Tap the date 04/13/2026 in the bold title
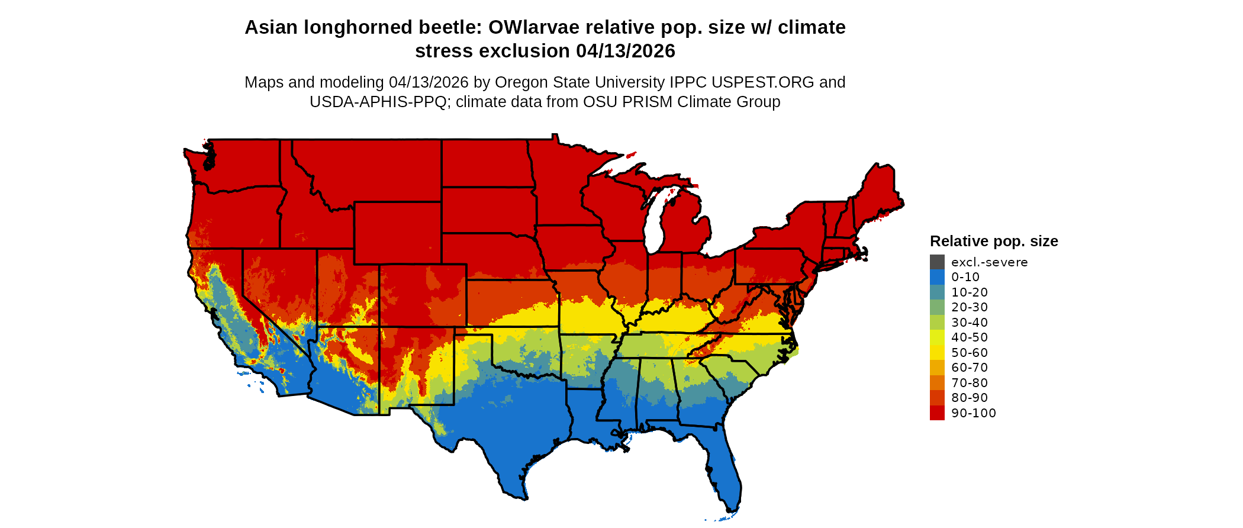coord(626,51)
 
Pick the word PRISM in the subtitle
coord(646,102)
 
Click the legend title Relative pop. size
coord(994,242)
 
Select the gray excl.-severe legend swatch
coord(937,262)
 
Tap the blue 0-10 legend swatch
coord(937,277)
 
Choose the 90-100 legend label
coord(974,413)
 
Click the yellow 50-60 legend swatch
coord(937,353)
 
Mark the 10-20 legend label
coord(970,292)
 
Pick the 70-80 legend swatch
coord(937,383)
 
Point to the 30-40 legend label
coord(970,323)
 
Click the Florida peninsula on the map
coord(725,474)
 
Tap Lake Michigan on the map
coord(653,225)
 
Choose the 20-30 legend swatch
coord(937,307)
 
